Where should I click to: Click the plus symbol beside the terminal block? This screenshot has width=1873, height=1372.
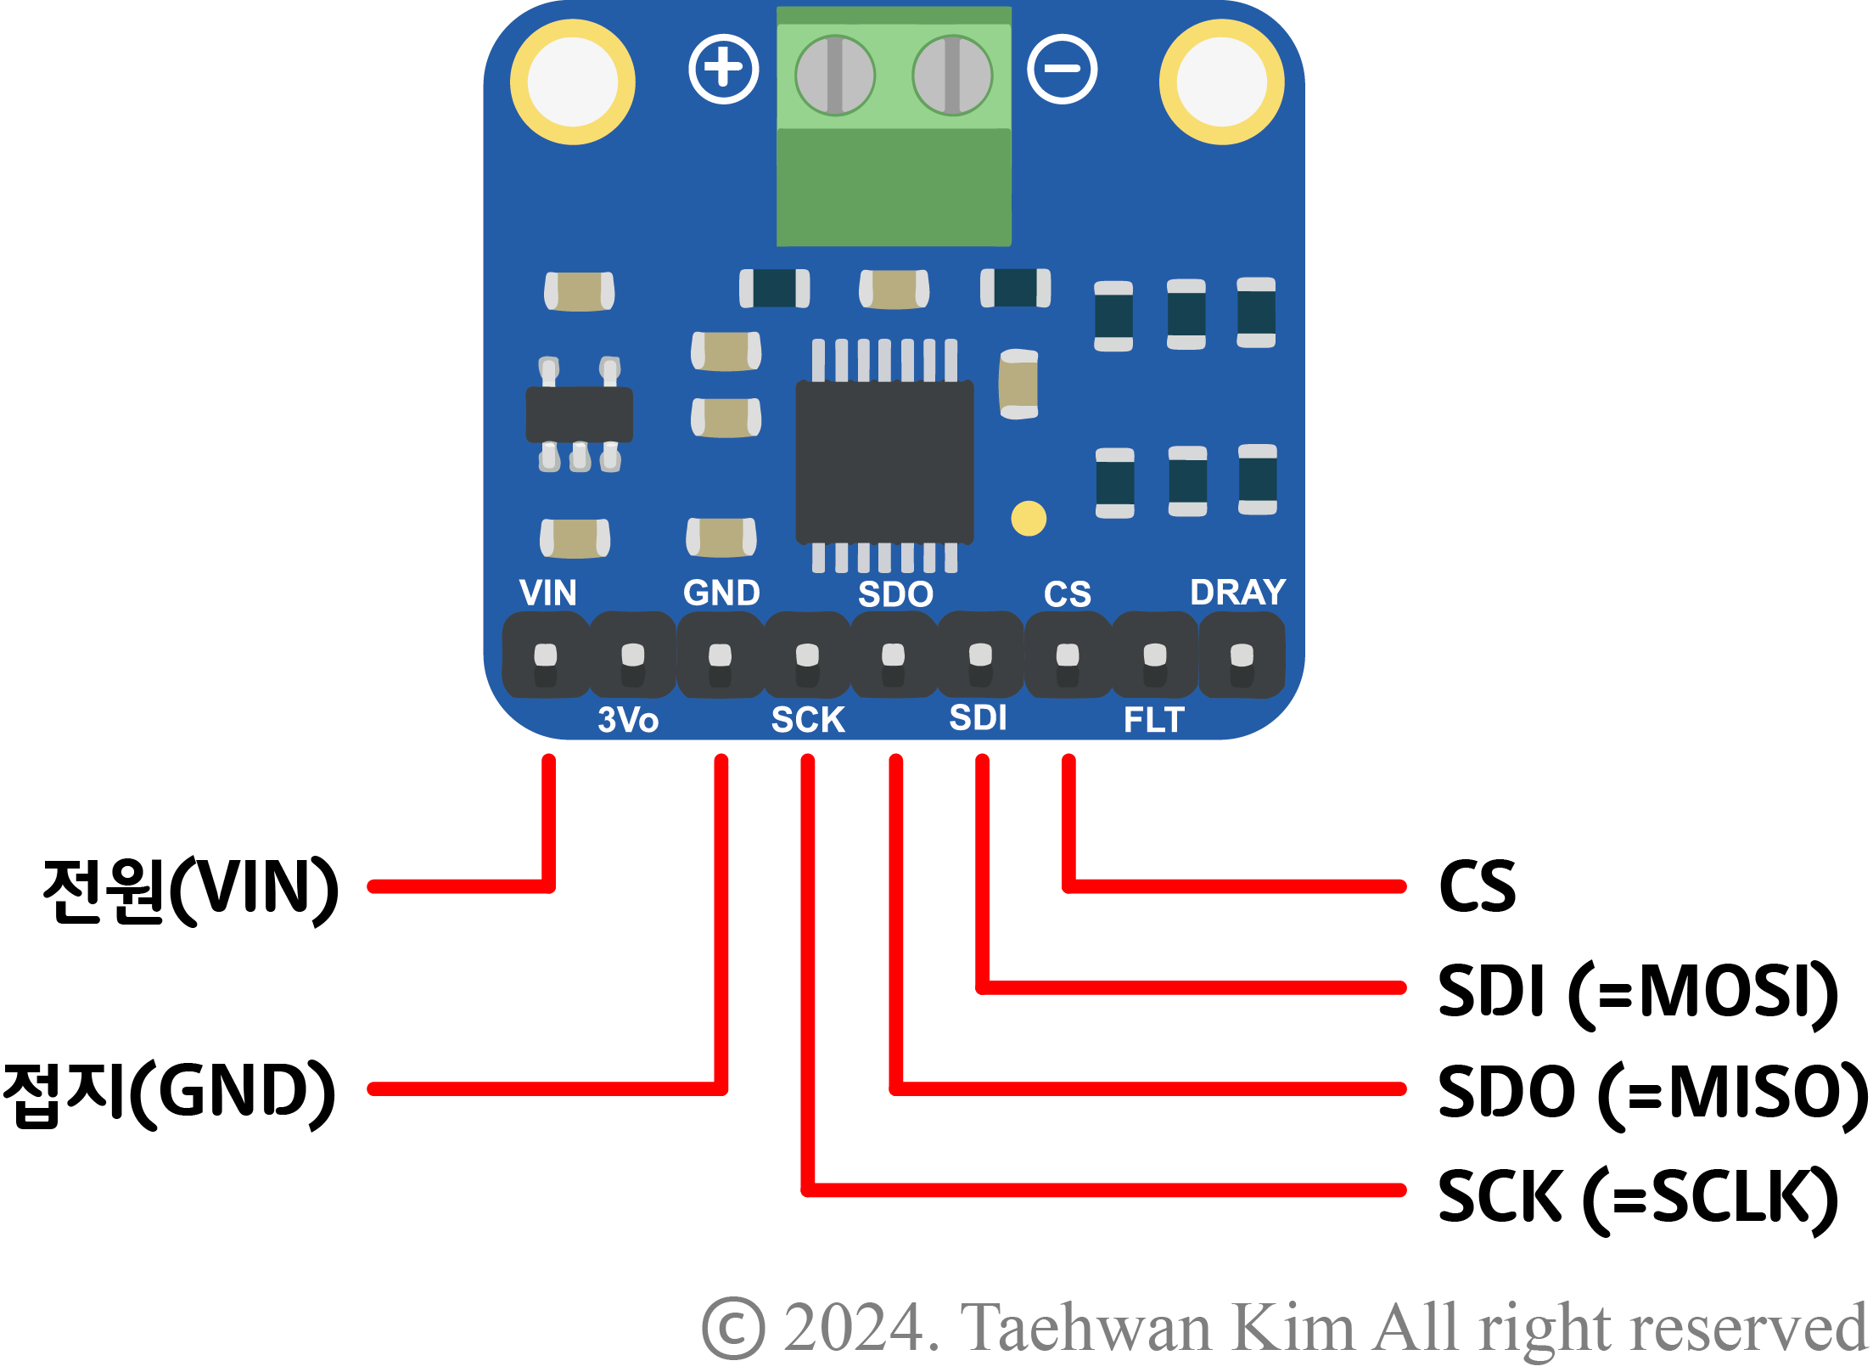click(x=723, y=69)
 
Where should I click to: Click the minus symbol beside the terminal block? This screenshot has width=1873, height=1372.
click(x=1062, y=69)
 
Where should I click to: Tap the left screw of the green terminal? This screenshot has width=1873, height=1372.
click(x=834, y=75)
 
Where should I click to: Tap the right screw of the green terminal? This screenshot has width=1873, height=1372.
click(x=951, y=75)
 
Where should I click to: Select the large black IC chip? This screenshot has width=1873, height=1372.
click(x=883, y=461)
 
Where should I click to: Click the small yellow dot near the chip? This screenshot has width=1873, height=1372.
click(x=1029, y=518)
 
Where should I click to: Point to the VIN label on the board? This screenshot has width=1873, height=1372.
click(x=547, y=593)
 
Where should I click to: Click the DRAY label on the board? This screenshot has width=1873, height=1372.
click(x=1237, y=593)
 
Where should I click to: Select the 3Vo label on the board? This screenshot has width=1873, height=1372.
click(x=628, y=720)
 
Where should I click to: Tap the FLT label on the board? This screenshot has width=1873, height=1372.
click(x=1153, y=720)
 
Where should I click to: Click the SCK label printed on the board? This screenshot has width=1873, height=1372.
click(x=807, y=720)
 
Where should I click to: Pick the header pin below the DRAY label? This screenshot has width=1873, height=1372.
click(x=1242, y=655)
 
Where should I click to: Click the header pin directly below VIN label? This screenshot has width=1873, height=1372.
click(x=546, y=655)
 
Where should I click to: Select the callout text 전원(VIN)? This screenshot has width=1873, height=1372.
click(x=190, y=889)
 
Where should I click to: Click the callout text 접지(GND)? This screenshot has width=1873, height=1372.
click(x=170, y=1093)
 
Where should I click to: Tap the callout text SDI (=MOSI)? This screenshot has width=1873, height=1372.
click(x=1637, y=991)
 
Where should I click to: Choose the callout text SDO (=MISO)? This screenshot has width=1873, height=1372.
click(x=1651, y=1093)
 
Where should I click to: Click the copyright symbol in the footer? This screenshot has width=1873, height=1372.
click(x=733, y=1328)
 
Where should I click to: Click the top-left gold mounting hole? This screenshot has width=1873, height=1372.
click(x=572, y=82)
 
